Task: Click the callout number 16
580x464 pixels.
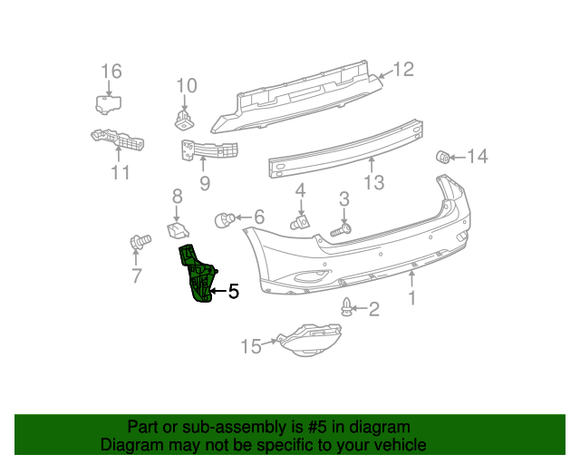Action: tap(111, 72)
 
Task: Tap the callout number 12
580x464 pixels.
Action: tap(402, 68)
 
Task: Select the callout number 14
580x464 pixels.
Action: tap(477, 157)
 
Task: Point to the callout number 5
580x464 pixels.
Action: tap(233, 292)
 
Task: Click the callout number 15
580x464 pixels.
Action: tap(250, 345)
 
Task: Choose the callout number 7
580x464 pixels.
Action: tap(137, 276)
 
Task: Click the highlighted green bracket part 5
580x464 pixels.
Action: tap(198, 273)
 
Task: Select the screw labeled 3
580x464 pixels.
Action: tap(340, 231)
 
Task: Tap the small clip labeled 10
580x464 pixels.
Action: tap(184, 117)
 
